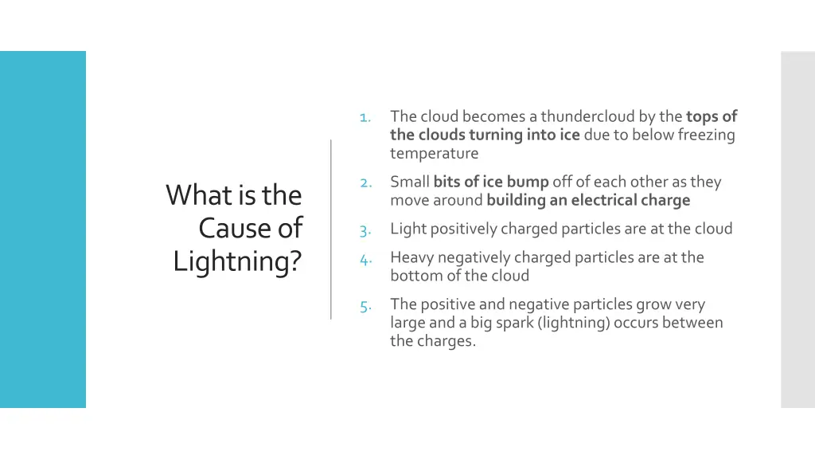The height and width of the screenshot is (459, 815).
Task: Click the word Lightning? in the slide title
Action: click(x=237, y=261)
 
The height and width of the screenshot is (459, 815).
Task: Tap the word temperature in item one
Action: click(x=434, y=153)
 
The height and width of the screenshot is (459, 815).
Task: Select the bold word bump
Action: click(x=528, y=182)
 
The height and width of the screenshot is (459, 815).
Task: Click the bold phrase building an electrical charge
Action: click(x=588, y=200)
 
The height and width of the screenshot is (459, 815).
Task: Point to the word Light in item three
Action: click(x=407, y=229)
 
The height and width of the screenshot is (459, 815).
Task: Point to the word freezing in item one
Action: click(x=706, y=135)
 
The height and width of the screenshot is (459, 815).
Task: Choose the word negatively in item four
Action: click(x=472, y=257)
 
